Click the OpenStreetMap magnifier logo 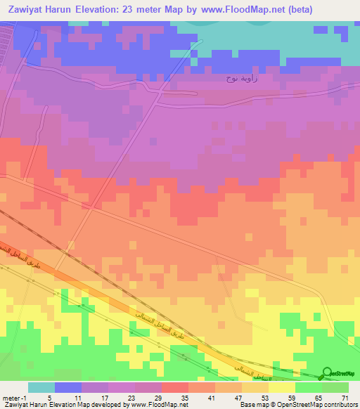click(327, 373)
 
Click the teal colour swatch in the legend click(41, 387)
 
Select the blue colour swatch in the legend click(68, 387)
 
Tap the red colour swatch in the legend click(175, 387)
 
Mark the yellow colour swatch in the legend click(282, 387)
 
